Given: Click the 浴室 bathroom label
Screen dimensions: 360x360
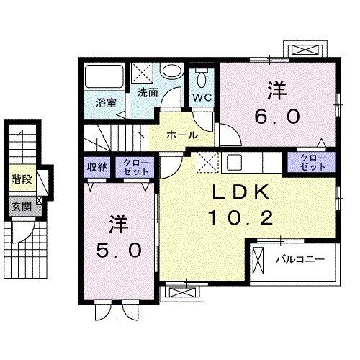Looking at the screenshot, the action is pyautogui.click(x=106, y=103).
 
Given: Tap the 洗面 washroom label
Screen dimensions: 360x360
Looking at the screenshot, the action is pyautogui.click(x=148, y=93).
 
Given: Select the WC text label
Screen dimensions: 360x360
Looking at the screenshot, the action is pyautogui.click(x=202, y=97).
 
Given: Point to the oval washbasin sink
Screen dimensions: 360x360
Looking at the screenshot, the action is pyautogui.click(x=171, y=71).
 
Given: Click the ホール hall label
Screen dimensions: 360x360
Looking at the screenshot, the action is pyautogui.click(x=182, y=135).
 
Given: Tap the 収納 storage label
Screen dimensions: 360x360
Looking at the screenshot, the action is pyautogui.click(x=97, y=167).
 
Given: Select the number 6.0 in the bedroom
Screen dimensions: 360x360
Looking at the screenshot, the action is pyautogui.click(x=277, y=117).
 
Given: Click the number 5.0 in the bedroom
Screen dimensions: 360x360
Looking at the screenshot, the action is pyautogui.click(x=119, y=250).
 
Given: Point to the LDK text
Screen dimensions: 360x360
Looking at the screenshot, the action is pyautogui.click(x=240, y=193).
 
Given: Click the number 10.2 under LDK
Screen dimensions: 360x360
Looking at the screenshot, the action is pyautogui.click(x=241, y=218).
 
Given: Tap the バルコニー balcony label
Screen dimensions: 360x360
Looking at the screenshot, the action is pyautogui.click(x=300, y=259).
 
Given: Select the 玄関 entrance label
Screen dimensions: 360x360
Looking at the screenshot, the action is pyautogui.click(x=22, y=206).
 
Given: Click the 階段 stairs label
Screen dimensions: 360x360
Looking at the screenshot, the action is pyautogui.click(x=22, y=179).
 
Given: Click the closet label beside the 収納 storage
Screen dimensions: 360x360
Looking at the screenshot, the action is pyautogui.click(x=135, y=167).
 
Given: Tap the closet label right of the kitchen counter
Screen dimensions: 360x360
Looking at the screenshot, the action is pyautogui.click(x=312, y=162).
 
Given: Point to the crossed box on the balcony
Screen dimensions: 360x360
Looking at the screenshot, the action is pyautogui.click(x=258, y=261).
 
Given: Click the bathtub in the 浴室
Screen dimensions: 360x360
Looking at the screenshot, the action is pyautogui.click(x=104, y=76).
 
